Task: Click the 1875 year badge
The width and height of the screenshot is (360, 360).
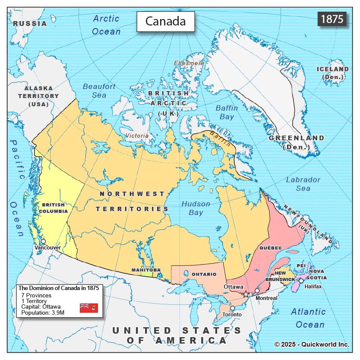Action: (332, 19)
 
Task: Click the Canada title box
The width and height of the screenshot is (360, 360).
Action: (165, 21)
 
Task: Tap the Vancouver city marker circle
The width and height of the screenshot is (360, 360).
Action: (43, 242)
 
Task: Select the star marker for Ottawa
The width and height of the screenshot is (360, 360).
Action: (246, 294)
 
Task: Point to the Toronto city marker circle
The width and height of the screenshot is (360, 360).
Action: (232, 308)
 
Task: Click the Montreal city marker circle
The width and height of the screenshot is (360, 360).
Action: (257, 291)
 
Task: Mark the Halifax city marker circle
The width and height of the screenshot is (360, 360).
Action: (301, 281)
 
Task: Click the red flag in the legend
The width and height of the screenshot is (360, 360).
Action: (89, 308)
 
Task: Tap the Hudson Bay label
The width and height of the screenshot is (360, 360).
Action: (196, 208)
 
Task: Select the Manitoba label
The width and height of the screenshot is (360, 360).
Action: (146, 270)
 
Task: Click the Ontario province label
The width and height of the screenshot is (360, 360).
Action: (204, 274)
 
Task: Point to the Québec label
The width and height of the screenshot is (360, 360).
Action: (271, 248)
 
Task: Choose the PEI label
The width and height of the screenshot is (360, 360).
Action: (301, 265)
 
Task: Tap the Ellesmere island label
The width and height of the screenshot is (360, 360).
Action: (189, 63)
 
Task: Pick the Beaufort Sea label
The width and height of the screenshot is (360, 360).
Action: (99, 90)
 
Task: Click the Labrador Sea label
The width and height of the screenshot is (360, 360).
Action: (303, 184)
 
